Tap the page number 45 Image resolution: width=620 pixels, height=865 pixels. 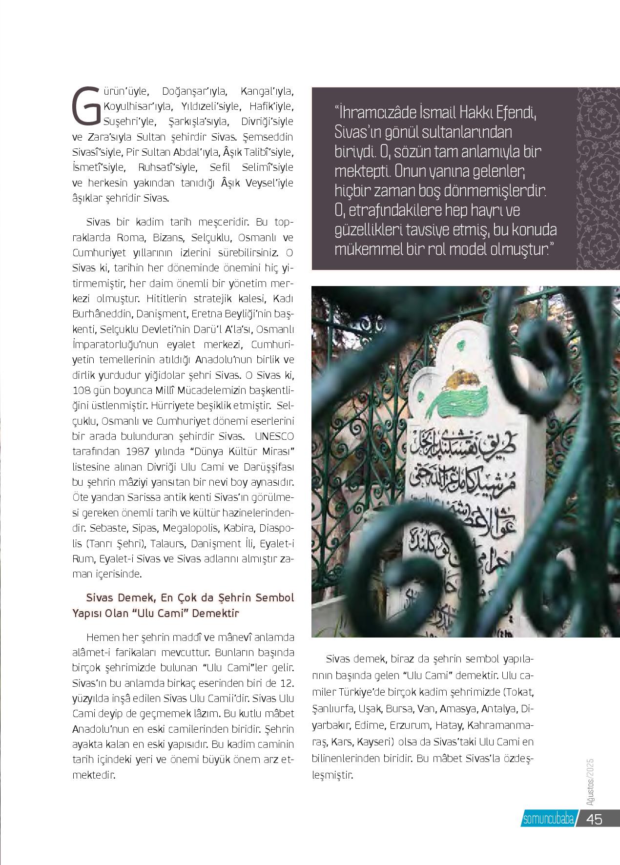[595, 819]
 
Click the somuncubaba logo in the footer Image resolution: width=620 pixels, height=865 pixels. [547, 819]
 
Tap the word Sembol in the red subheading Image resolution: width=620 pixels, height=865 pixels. [275, 598]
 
